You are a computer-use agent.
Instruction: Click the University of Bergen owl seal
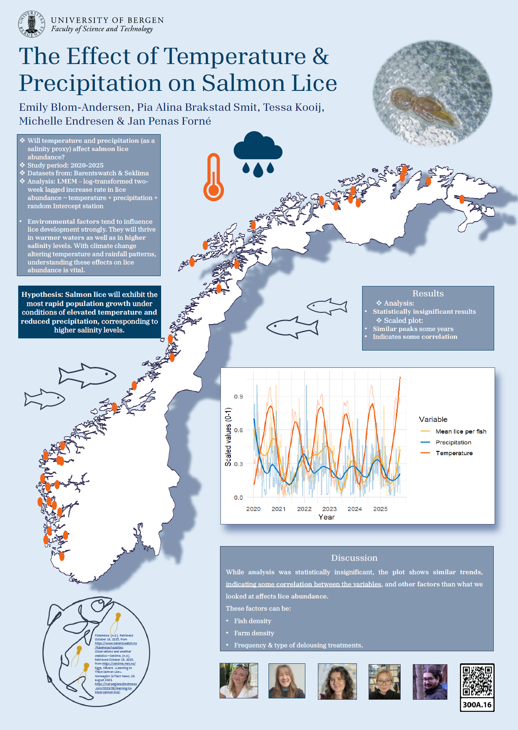click(x=31, y=24)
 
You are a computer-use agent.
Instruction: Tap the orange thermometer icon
click(x=214, y=177)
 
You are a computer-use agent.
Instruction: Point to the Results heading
click(x=428, y=293)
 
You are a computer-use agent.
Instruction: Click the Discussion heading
click(x=354, y=558)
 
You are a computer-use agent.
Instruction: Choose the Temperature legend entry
click(x=454, y=453)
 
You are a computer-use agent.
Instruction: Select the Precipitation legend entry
click(x=453, y=442)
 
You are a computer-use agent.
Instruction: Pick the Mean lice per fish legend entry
click(x=460, y=431)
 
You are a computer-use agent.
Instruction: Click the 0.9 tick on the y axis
click(x=239, y=396)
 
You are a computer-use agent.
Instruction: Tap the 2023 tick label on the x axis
click(x=329, y=509)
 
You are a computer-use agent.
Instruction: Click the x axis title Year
click(x=327, y=517)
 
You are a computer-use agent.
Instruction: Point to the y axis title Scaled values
click(x=228, y=437)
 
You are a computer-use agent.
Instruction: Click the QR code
click(x=477, y=681)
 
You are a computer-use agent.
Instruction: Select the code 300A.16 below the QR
click(x=477, y=704)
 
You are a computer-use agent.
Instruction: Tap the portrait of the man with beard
click(x=430, y=682)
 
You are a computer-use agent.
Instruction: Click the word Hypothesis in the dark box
click(x=42, y=294)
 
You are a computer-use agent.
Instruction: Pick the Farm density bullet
click(x=254, y=633)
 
